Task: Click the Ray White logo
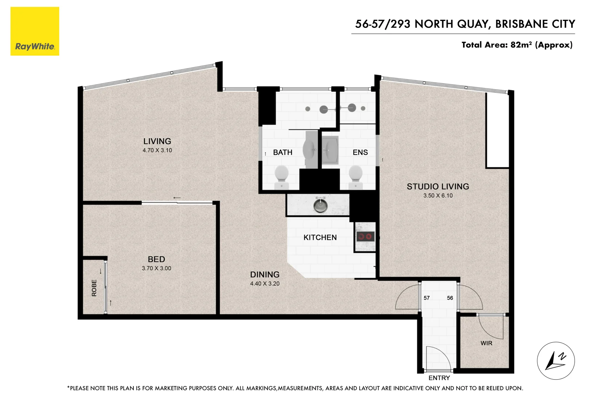pyautogui.click(x=35, y=31)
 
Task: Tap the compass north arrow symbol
pyautogui.click(x=555, y=361)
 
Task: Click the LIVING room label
pyautogui.click(x=157, y=141)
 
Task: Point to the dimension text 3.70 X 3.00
pyautogui.click(x=156, y=268)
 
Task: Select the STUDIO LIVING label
pyautogui.click(x=438, y=187)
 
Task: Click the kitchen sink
pyautogui.click(x=320, y=205)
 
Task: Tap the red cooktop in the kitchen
pyautogui.click(x=365, y=237)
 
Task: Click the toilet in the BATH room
pyautogui.click(x=281, y=175)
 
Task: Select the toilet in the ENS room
pyautogui.click(x=356, y=175)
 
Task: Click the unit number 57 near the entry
pyautogui.click(x=426, y=298)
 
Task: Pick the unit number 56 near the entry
pyautogui.click(x=450, y=298)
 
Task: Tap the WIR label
pyautogui.click(x=486, y=343)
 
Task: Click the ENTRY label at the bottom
pyautogui.click(x=439, y=378)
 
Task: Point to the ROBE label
pyautogui.click(x=94, y=288)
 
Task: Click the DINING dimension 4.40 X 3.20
pyautogui.click(x=265, y=283)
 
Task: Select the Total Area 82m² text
pyautogui.click(x=517, y=45)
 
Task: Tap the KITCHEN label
pyautogui.click(x=320, y=237)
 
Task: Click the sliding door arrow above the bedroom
pyautogui.click(x=177, y=198)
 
